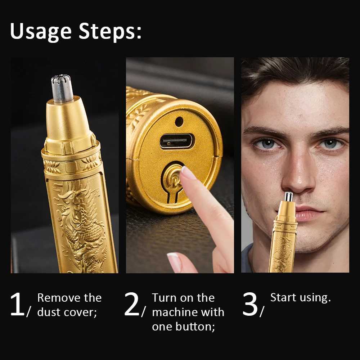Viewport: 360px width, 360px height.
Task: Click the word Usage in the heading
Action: click(41, 32)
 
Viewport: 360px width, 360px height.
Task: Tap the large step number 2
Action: click(132, 305)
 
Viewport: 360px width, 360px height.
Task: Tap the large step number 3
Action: click(250, 305)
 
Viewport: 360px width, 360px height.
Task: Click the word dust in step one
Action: click(49, 312)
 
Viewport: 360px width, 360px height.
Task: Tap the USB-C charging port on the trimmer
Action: click(176, 141)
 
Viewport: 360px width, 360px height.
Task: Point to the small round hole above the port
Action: click(179, 122)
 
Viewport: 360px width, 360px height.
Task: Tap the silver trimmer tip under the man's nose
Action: click(288, 197)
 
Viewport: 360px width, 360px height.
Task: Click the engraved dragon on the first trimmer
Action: click(79, 223)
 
